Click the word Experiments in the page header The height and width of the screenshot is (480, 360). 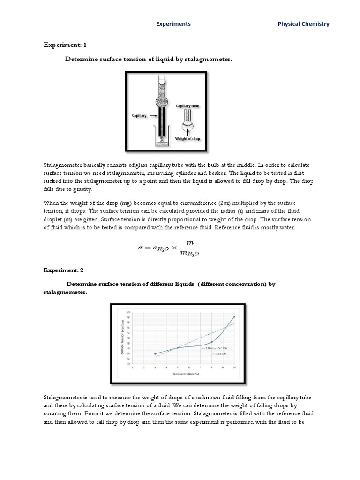click(173, 24)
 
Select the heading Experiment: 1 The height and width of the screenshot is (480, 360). click(65, 45)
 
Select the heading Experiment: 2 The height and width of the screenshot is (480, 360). click(65, 270)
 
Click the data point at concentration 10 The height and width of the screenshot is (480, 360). click(234, 317)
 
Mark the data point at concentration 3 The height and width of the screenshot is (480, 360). click(155, 354)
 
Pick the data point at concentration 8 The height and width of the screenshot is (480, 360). click(212, 342)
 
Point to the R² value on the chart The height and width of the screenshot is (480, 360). click(219, 354)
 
